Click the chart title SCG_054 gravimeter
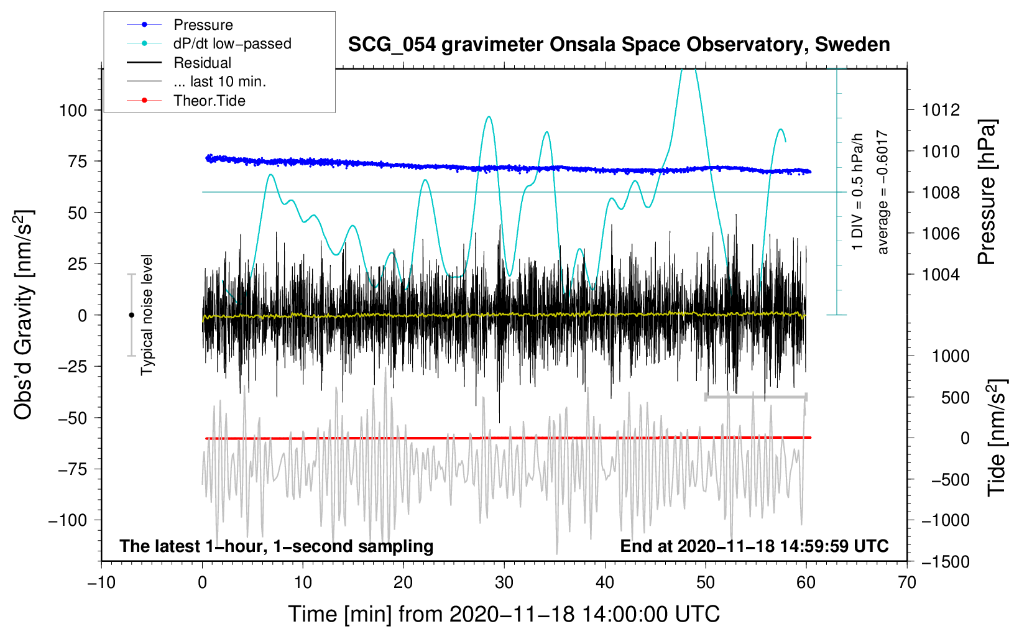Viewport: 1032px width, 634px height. coord(619,45)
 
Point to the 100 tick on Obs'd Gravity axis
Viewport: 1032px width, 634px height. coord(73,111)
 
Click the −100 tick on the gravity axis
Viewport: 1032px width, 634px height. coord(68,520)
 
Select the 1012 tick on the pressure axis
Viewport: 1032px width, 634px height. coord(941,110)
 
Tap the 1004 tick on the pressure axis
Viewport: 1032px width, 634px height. coord(941,274)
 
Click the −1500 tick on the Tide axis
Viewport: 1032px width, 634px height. coord(946,561)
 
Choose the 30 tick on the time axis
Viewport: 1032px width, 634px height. coord(504,582)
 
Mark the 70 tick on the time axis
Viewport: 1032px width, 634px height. coord(907,582)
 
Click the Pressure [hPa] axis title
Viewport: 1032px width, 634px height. coord(987,193)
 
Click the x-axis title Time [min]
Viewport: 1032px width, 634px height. coord(504,614)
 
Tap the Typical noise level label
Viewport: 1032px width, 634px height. coord(147,315)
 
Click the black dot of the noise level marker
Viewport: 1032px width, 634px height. coord(131,315)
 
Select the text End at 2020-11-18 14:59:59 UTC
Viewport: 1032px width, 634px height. coord(754,546)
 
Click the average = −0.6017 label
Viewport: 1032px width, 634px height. coord(882,193)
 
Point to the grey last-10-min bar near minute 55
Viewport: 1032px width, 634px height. coord(756,397)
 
